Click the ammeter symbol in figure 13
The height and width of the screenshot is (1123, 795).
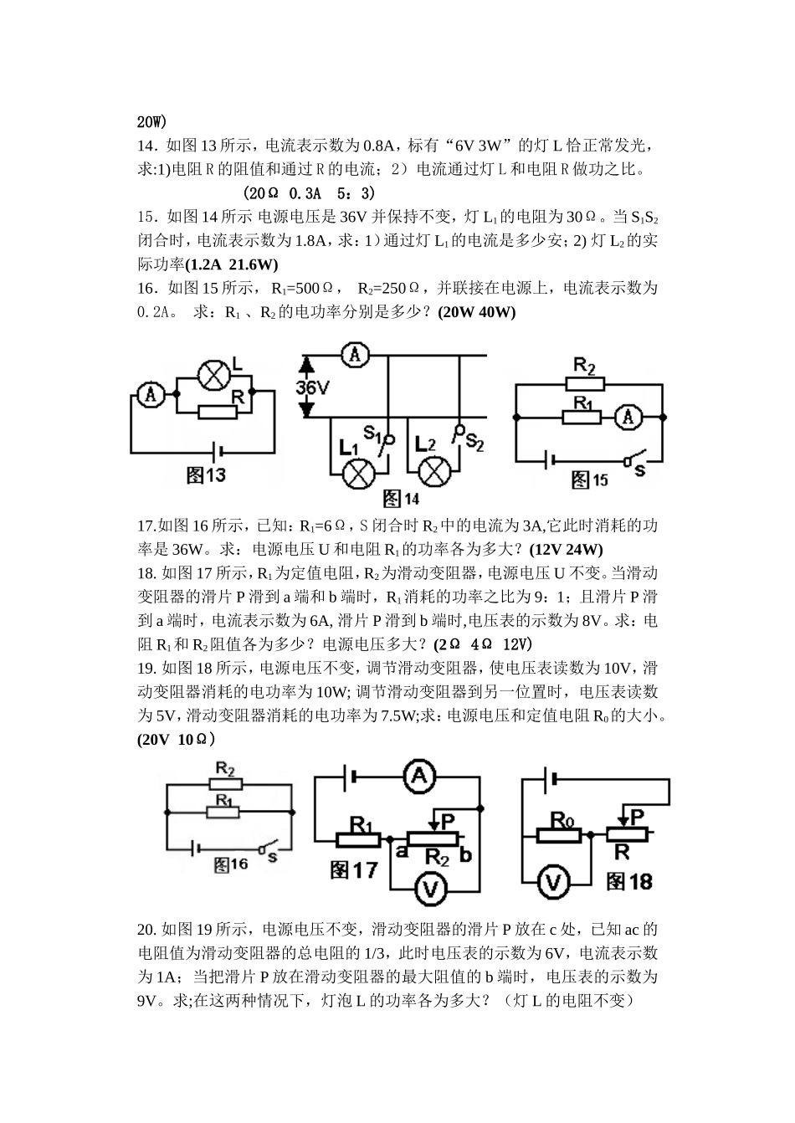coord(151,394)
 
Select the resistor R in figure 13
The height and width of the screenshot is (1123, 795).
coord(217,411)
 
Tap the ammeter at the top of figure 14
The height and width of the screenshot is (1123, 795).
coord(356,356)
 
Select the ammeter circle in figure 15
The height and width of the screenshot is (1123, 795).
coord(632,416)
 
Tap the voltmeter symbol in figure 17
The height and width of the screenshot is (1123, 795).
coord(431,889)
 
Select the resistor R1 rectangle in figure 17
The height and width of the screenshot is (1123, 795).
coord(359,838)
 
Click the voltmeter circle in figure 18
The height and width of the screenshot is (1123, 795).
coord(554,881)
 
